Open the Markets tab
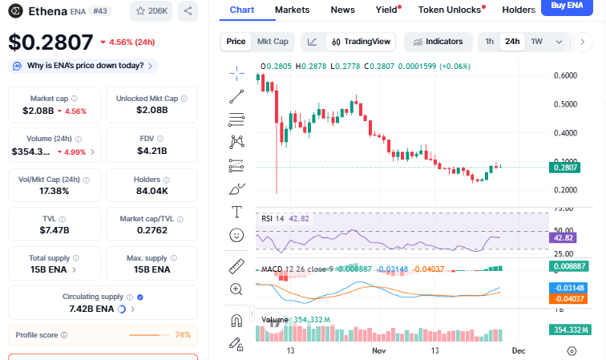pyautogui.click(x=292, y=10)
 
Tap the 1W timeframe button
pyautogui.click(x=537, y=41)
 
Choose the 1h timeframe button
pyautogui.click(x=489, y=41)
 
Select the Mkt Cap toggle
pyautogui.click(x=273, y=41)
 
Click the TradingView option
pyautogui.click(x=362, y=41)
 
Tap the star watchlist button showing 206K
pyautogui.click(x=151, y=11)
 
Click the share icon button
pyautogui.click(x=187, y=11)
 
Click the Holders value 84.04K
pyautogui.click(x=151, y=191)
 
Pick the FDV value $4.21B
pyautogui.click(x=151, y=151)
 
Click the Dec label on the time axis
pyautogui.click(x=519, y=350)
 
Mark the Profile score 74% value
pyautogui.click(x=183, y=334)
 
